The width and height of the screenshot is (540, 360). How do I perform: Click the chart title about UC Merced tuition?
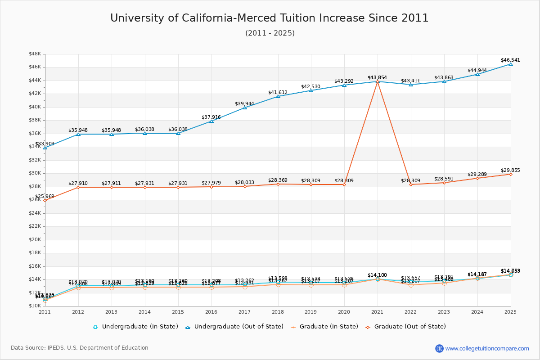270,18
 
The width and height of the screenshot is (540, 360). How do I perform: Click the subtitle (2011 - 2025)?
270,33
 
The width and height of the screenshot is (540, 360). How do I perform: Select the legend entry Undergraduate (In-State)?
139,327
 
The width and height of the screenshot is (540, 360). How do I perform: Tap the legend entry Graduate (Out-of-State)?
409,327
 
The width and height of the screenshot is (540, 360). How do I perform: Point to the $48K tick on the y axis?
35,54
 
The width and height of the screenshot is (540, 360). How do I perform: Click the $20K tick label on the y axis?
35,240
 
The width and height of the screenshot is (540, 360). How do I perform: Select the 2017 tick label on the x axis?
244,312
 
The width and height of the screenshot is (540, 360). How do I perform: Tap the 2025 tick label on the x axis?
510,312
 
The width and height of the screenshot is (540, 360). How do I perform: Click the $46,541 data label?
510,60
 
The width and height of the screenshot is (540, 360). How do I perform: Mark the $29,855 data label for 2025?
510,170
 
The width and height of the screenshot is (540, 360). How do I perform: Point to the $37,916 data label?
211,117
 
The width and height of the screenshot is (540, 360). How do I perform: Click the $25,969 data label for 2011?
45,197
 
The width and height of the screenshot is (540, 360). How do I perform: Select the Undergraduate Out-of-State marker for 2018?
278,96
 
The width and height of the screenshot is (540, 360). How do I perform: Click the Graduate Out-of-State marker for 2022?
411,184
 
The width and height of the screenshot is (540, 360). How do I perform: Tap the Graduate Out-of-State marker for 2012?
78,187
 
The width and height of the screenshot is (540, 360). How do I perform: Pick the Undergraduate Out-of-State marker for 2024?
477,74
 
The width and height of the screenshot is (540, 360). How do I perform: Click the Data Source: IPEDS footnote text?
80,348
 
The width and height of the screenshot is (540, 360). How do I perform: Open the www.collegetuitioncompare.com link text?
487,348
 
